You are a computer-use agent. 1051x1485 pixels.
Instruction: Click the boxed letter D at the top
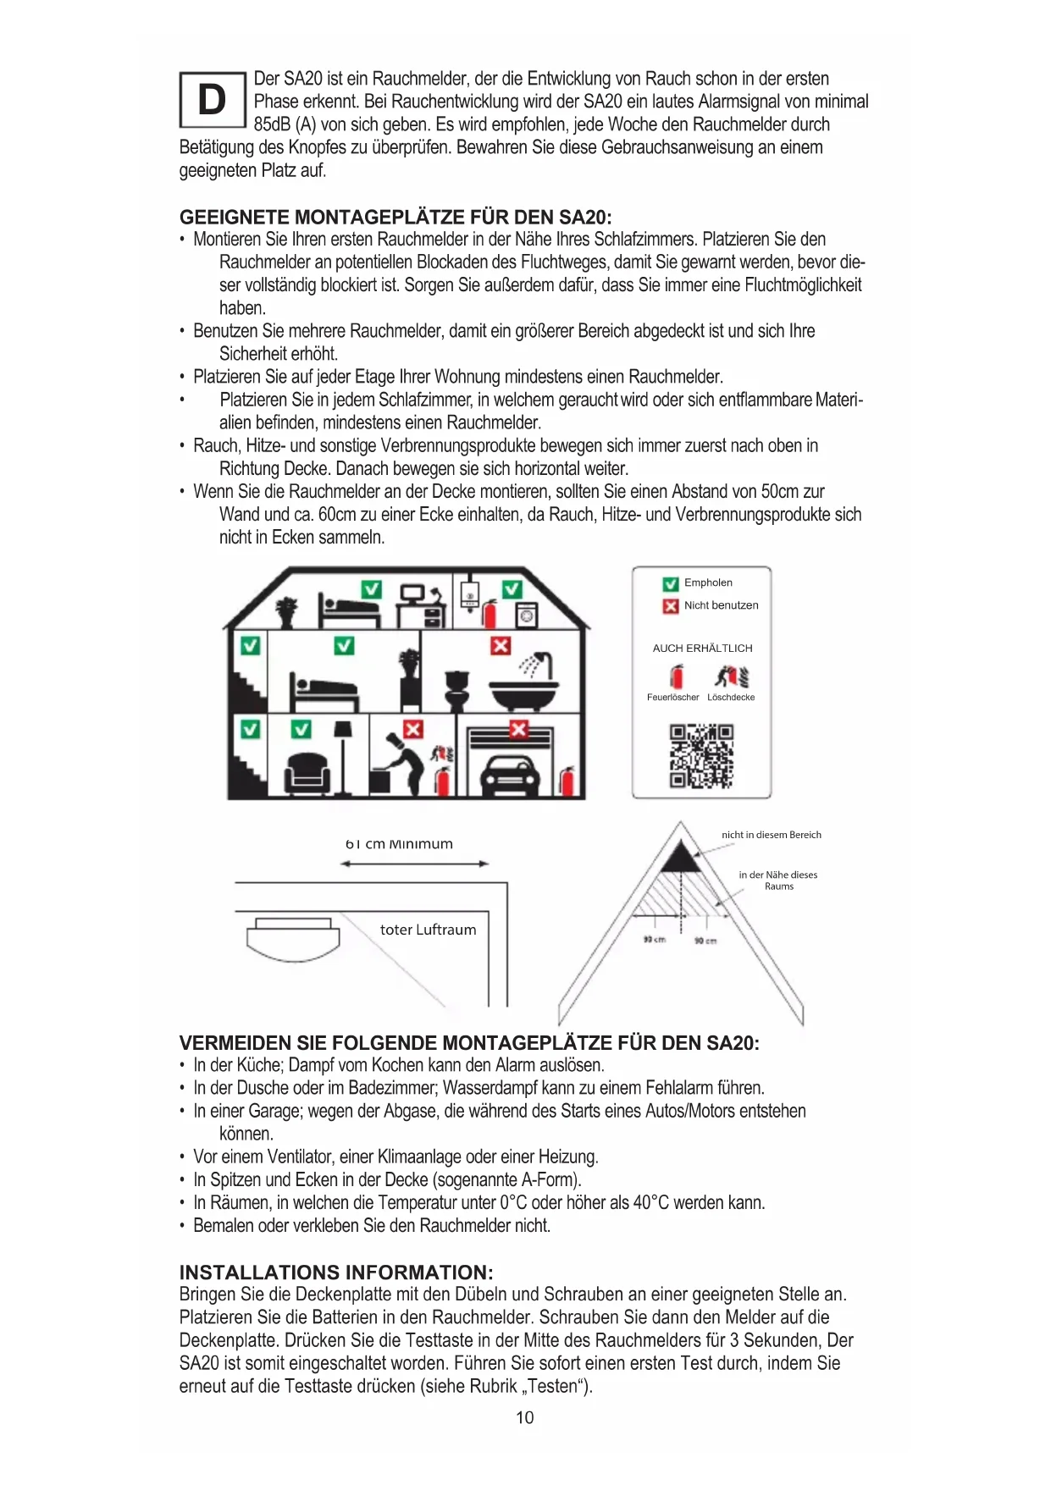(x=212, y=100)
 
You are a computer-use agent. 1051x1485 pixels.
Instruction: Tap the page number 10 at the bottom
(x=525, y=1417)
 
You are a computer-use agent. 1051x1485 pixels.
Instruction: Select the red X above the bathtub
(x=501, y=646)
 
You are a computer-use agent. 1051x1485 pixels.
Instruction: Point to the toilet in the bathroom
(x=457, y=690)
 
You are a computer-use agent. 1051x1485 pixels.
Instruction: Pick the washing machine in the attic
(x=526, y=616)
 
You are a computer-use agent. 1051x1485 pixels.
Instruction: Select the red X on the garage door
(x=518, y=729)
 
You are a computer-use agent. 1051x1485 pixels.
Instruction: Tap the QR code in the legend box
(x=701, y=756)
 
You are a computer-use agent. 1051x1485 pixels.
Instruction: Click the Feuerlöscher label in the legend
(x=672, y=698)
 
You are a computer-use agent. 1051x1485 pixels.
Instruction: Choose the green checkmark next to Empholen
(x=671, y=583)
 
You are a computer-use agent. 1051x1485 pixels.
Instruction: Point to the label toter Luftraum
(x=428, y=930)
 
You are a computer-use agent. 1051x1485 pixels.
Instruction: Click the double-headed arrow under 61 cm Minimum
(x=414, y=864)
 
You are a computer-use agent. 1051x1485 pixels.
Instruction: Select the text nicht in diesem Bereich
(x=771, y=835)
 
